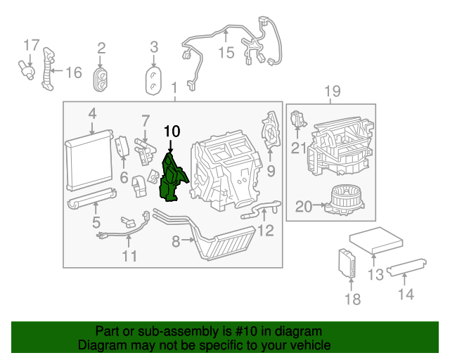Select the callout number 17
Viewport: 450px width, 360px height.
31,46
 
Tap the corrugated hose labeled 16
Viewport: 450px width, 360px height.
47,69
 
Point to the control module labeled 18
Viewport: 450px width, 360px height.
347,263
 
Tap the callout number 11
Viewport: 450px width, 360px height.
129,256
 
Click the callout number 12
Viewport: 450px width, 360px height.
264,230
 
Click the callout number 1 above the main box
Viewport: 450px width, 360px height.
174,86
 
